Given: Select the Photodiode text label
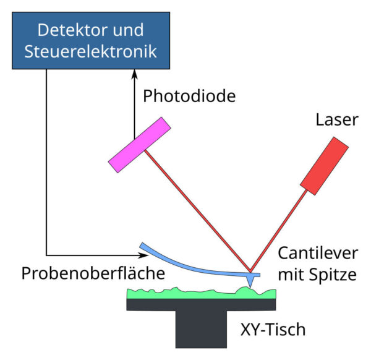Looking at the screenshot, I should click(x=189, y=96).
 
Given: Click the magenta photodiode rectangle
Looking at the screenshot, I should click(x=139, y=145).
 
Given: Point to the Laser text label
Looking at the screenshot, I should click(x=337, y=119).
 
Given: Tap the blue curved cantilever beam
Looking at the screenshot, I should click(x=185, y=262).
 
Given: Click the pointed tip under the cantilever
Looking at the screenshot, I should click(x=250, y=280).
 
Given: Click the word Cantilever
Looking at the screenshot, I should click(x=317, y=254).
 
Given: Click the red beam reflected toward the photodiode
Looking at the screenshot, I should click(x=198, y=210).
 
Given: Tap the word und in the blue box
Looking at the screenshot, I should click(x=128, y=30).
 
